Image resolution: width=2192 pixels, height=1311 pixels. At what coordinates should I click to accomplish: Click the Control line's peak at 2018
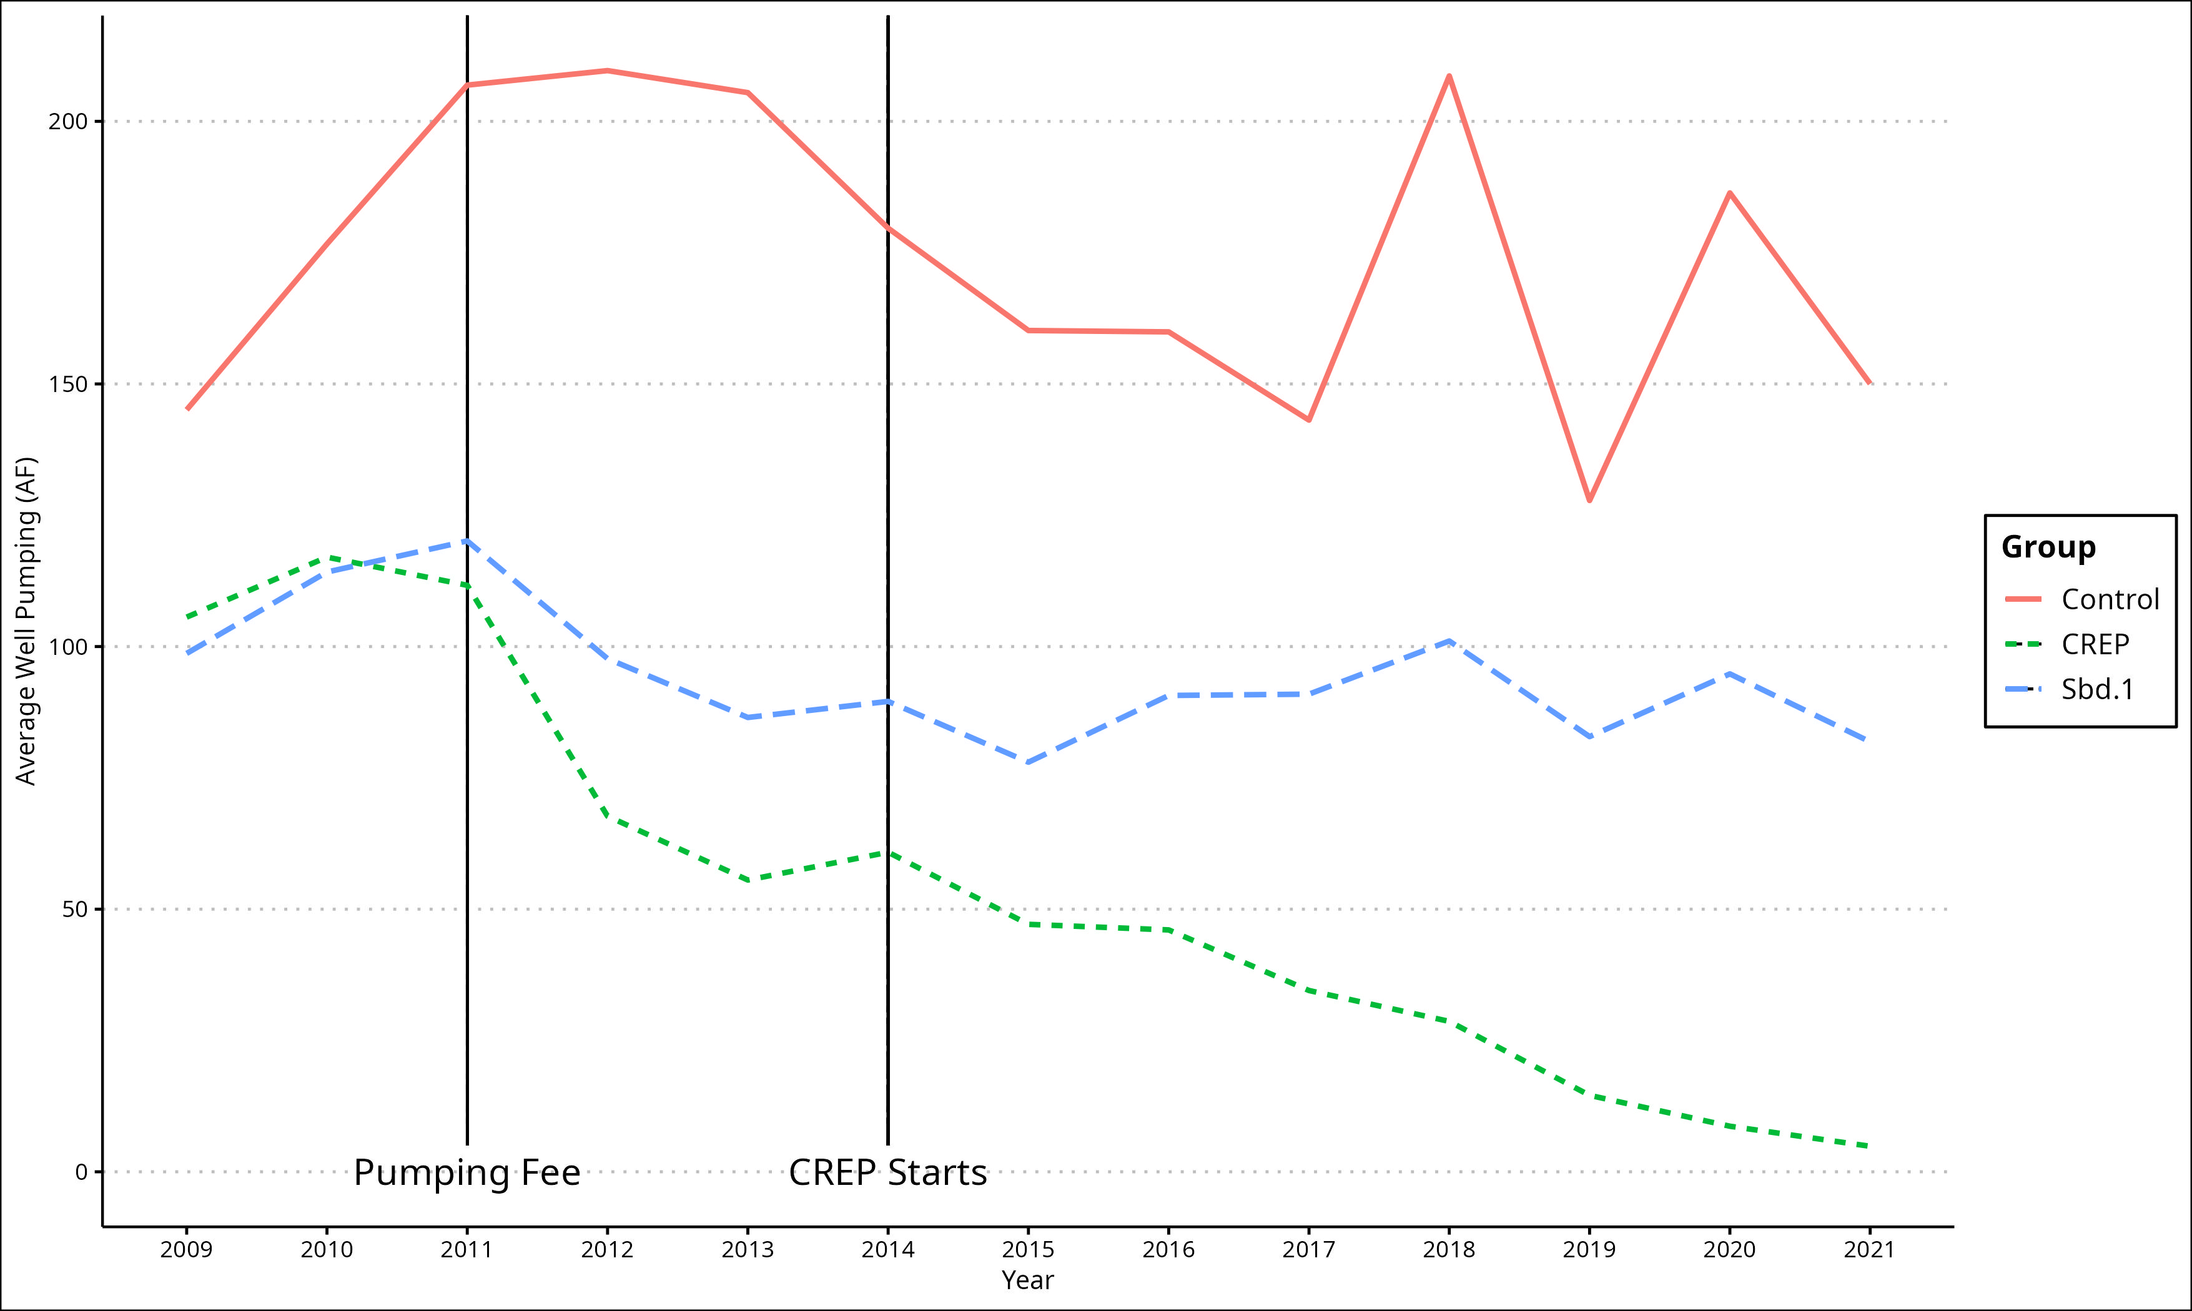coord(1449,76)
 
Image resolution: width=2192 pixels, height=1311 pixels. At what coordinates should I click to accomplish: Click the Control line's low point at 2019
coord(1589,501)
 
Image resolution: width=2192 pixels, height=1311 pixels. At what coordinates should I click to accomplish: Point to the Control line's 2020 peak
coord(1729,192)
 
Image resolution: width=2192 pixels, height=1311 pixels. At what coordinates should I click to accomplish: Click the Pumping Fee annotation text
coord(467,1172)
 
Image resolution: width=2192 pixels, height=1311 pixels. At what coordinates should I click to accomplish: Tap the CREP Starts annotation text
coord(887,1172)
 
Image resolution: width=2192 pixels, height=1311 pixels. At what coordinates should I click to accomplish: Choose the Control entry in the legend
coord(2110,599)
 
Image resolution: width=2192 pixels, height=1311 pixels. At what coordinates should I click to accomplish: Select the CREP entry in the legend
coord(2095,644)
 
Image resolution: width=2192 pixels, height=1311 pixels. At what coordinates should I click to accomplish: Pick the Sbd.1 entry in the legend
coord(2096,689)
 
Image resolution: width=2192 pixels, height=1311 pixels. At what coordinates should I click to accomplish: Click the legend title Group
coord(2048,547)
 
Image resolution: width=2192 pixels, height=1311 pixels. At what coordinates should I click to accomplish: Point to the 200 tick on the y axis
coord(68,121)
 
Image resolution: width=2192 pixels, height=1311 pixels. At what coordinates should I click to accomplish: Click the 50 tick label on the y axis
coord(74,909)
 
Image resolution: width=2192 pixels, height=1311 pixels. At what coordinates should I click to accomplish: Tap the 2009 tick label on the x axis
coord(187,1249)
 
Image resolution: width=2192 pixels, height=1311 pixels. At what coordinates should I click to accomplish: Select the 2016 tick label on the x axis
coord(1168,1249)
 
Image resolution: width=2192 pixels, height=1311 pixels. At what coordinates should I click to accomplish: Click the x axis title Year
coord(1027,1280)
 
